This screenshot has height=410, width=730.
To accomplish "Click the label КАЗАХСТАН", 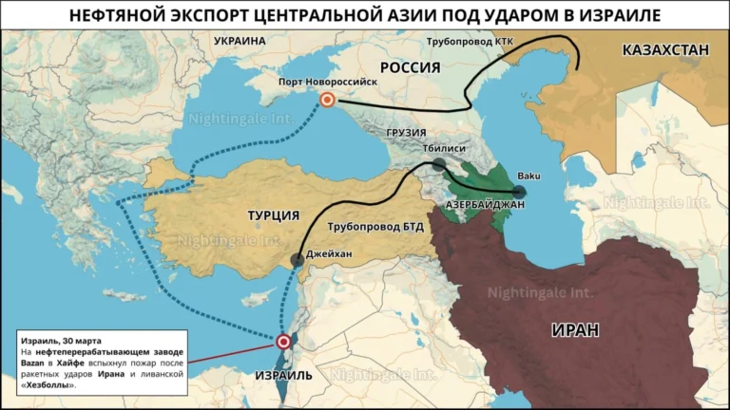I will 665,50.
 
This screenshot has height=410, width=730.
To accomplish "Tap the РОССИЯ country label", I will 410,67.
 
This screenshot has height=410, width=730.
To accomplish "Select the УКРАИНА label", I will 240,42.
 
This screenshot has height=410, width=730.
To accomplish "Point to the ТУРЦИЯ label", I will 274,215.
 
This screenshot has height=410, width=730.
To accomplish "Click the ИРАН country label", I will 575,330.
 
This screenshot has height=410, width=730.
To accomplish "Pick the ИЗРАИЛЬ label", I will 283,375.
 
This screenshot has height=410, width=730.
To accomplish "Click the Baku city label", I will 528,176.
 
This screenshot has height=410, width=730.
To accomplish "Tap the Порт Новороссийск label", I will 328,83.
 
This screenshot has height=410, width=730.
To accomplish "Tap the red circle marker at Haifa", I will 283,343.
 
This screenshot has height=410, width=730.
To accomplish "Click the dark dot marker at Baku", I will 519,191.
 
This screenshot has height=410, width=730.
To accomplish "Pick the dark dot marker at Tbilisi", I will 437,165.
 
